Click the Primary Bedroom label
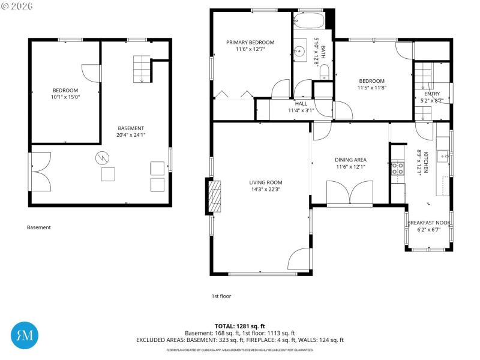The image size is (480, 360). [250, 42]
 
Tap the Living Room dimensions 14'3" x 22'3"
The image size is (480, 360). [266, 189]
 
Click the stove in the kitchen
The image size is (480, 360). [397, 167]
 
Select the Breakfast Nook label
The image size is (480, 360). [428, 223]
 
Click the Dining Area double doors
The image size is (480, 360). [350, 194]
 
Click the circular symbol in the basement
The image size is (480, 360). [103, 157]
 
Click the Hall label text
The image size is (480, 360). [301, 103]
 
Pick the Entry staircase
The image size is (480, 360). [423, 76]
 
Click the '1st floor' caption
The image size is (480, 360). [221, 296]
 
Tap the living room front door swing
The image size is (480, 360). [299, 260]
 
